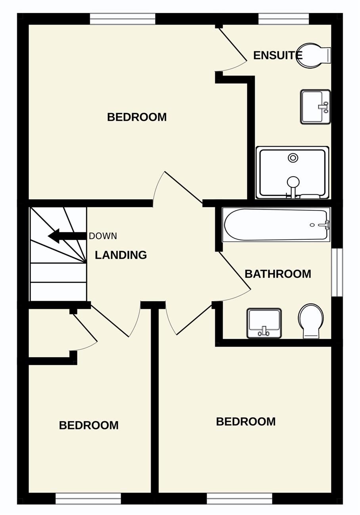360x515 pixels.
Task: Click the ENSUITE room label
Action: tap(278, 55)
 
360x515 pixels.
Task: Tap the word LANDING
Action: tap(121, 255)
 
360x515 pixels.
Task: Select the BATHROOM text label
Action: tap(278, 274)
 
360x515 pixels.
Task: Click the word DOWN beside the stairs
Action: tap(103, 236)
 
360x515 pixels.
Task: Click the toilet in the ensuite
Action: tap(314, 55)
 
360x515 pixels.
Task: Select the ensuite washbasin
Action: tap(315, 107)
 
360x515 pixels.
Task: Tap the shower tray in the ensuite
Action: tap(292, 172)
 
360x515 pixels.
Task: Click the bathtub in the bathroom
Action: tap(276, 225)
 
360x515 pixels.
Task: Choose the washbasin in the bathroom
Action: tap(264, 324)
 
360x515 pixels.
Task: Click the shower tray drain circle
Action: tap(293, 158)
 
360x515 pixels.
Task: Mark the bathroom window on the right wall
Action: tap(337, 273)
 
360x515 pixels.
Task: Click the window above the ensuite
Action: tap(283, 19)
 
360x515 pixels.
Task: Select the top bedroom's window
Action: tap(123, 19)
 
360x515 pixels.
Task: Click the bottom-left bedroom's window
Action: tap(88, 497)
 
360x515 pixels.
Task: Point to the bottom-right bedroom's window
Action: tap(239, 497)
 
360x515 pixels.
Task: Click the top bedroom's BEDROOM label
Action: tap(137, 117)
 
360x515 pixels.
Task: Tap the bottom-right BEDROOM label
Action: tap(246, 422)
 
